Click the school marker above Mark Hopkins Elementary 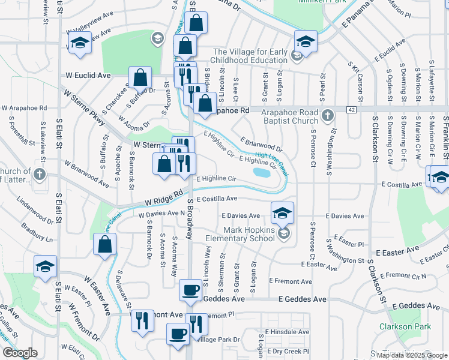point(282,213)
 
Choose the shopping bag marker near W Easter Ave point(105,245)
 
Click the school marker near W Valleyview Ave point(80,43)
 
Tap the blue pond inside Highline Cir point(262,173)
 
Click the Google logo point(20,352)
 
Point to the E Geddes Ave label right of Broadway point(303,299)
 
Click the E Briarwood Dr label point(261,145)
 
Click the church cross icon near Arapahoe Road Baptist point(328,115)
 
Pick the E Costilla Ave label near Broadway point(216,199)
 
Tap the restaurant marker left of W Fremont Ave point(141,319)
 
